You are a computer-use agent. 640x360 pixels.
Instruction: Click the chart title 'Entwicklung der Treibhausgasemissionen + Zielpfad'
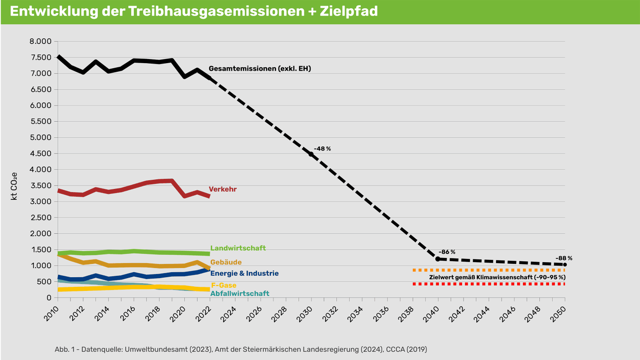pos(194,11)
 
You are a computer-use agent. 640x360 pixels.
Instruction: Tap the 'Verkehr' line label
pos(223,189)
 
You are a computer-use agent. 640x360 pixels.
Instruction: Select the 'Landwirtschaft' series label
pos(238,248)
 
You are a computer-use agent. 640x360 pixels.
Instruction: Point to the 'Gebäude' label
pos(226,262)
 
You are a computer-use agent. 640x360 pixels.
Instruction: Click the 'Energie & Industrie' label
pos(244,273)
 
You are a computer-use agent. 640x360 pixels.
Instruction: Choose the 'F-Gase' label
pos(223,285)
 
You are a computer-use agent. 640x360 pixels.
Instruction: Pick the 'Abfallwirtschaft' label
pos(240,293)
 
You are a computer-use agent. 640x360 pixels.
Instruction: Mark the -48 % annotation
pos(322,149)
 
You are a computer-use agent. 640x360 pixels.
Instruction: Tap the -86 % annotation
pos(447,252)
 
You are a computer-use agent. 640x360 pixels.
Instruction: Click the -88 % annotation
pos(564,258)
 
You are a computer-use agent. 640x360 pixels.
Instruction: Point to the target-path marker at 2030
pos(311,154)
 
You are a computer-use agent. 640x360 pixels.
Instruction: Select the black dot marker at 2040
pos(437,259)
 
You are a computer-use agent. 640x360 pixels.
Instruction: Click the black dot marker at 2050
pos(565,264)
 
